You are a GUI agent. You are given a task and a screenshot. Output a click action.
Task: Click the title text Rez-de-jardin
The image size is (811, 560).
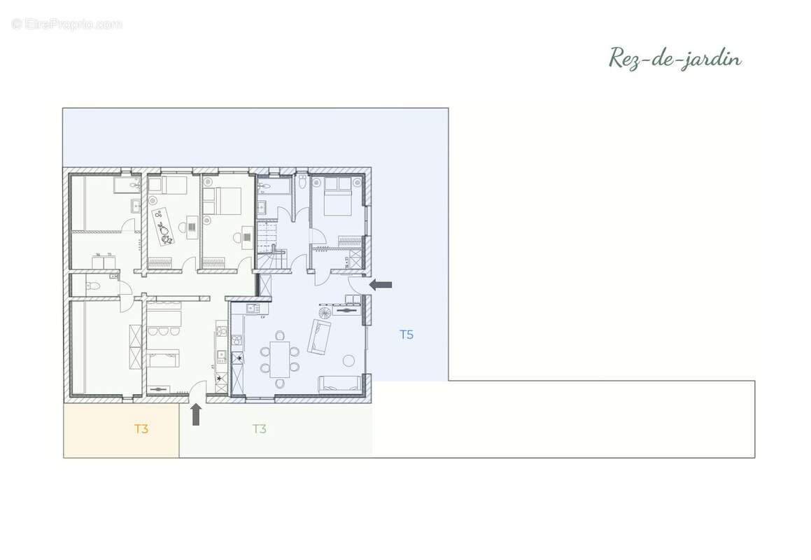coord(675,59)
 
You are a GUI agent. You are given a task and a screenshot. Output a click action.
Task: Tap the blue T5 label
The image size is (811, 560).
coord(407,335)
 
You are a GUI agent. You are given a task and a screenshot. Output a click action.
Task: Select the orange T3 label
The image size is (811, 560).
coord(141,429)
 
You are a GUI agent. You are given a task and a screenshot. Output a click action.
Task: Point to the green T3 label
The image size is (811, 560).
coord(260,429)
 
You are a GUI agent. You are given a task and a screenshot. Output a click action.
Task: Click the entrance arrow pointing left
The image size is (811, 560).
coord(381,284)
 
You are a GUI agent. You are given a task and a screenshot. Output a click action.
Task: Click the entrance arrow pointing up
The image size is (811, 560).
coord(196,414)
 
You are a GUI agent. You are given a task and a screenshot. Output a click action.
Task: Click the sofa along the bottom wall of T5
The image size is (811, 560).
coord(340,382)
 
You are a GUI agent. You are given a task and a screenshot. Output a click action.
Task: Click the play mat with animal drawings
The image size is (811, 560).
coord(162,226)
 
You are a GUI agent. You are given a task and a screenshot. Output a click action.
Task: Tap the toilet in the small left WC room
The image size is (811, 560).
coord(92,285)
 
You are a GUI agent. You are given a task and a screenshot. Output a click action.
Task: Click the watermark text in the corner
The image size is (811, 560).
coord(67,24)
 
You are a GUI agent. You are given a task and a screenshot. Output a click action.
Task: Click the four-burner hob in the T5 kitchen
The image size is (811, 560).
coord(237,340)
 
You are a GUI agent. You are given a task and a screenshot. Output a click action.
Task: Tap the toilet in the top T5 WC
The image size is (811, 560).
coord(302,181)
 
